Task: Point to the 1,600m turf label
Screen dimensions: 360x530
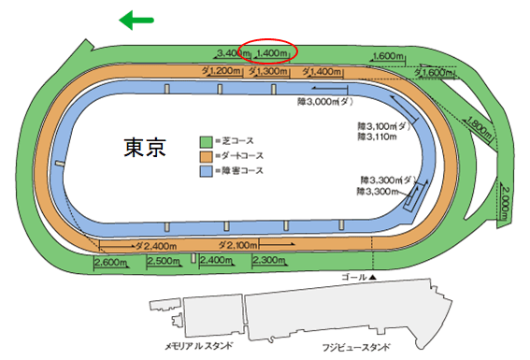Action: (x=388, y=56)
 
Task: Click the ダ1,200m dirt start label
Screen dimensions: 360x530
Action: (x=220, y=71)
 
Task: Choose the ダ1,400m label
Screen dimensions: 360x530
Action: (x=319, y=71)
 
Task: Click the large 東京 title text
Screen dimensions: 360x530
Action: (x=146, y=149)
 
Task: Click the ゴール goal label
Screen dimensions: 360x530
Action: (x=358, y=279)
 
